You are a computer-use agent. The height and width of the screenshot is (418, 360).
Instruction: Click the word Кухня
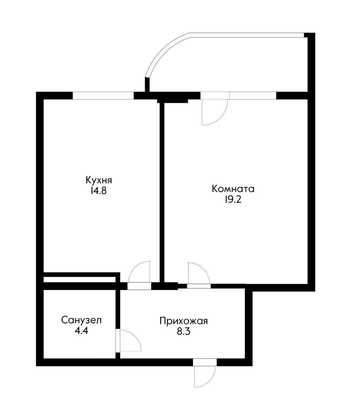99,180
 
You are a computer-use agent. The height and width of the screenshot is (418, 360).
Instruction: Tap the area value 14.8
99,191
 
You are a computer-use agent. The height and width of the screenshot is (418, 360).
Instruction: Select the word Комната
233,189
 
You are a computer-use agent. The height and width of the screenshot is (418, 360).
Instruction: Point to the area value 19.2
233,200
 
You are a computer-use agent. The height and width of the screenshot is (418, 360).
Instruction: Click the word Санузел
81,320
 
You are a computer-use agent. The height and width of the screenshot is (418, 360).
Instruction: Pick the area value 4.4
81,331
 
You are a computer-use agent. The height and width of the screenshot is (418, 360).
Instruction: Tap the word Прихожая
184,321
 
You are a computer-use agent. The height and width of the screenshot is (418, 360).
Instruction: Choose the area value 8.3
184,332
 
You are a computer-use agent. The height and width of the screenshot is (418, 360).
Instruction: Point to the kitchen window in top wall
103,95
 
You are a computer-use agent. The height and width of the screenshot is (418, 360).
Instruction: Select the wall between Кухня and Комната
162,192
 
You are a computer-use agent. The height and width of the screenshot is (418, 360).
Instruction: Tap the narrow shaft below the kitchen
79,279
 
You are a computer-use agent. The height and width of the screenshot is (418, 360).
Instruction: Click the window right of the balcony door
253,95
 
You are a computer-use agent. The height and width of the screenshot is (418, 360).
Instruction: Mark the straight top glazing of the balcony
247,35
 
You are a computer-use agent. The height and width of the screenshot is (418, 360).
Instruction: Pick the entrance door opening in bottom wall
205,362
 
